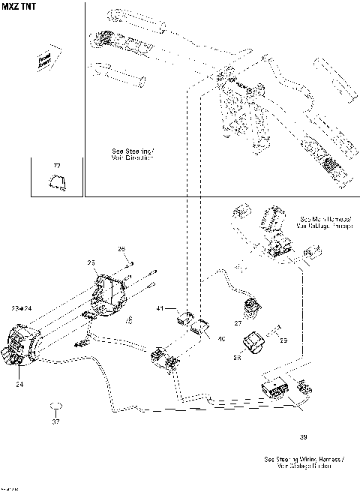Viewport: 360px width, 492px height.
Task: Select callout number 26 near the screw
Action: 121,248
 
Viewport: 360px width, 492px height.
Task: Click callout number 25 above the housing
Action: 91,262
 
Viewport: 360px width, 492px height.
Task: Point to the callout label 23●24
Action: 22,308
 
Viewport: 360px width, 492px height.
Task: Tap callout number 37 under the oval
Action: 55,421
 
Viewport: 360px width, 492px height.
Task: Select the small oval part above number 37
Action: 55,406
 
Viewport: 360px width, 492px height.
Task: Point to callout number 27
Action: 237,324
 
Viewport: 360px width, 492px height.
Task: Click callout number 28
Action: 237,358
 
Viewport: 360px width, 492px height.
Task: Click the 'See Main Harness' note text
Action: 325,219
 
